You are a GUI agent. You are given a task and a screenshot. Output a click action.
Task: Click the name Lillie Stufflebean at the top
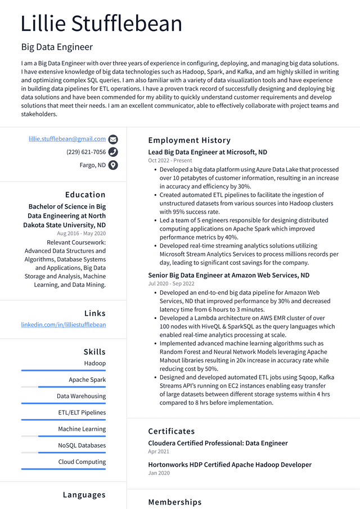(x=101, y=24)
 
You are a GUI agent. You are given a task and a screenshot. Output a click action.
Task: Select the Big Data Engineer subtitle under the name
(x=57, y=47)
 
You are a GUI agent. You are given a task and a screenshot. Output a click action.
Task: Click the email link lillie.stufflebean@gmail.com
(x=67, y=139)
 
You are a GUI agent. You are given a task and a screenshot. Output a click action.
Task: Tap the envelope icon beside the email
(x=113, y=139)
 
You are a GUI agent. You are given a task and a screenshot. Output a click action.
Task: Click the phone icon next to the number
(x=113, y=152)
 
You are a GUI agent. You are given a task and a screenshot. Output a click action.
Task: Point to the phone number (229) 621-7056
(x=85, y=152)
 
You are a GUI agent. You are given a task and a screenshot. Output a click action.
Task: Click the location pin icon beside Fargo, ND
(x=113, y=165)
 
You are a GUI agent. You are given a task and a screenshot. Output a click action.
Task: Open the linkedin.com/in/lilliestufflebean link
(x=63, y=325)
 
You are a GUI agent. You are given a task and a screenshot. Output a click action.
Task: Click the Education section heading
(x=85, y=195)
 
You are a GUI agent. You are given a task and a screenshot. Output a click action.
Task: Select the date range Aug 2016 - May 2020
(x=81, y=233)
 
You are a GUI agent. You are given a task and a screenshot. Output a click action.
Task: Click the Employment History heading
(x=189, y=140)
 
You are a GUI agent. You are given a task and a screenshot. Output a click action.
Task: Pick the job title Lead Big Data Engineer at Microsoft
(x=208, y=152)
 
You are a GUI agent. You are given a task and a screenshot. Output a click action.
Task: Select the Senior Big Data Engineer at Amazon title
(x=228, y=276)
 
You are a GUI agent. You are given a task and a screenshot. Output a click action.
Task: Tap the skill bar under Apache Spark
(x=63, y=387)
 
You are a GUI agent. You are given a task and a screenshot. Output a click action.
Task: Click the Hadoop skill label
(x=94, y=363)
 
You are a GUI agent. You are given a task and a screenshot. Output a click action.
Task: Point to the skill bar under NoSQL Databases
(x=63, y=453)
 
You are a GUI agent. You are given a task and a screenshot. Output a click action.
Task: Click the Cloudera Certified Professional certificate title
(x=218, y=443)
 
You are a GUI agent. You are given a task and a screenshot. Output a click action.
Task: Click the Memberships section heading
(x=174, y=502)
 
